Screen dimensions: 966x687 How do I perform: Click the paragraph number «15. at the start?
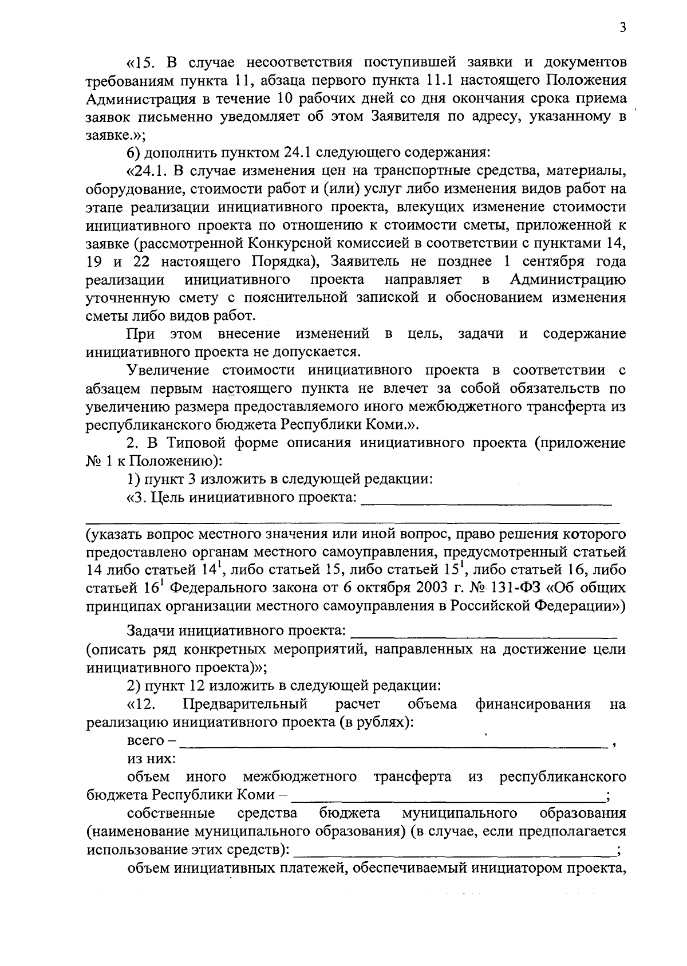point(141,62)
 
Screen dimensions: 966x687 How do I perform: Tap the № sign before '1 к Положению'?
point(93,462)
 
